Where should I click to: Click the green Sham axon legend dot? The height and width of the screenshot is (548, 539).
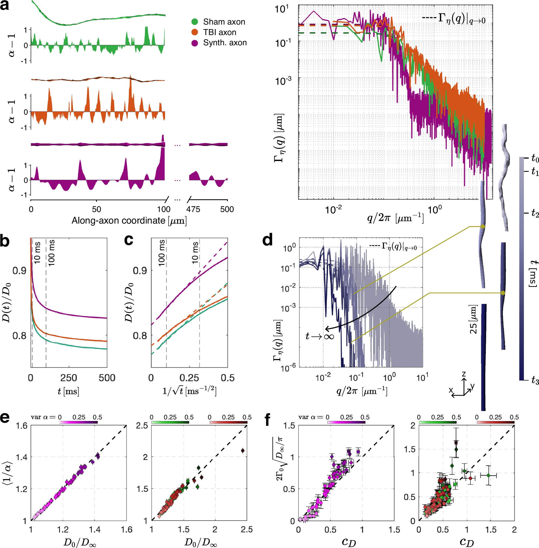pyautogui.click(x=195, y=22)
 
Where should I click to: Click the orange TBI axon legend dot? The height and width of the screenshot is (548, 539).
pyautogui.click(x=195, y=32)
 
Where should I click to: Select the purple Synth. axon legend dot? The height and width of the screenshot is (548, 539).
pyautogui.click(x=195, y=43)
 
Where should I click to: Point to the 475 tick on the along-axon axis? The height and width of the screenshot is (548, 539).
pyautogui.click(x=193, y=209)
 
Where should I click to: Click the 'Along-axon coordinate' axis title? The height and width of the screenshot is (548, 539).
pyautogui.click(x=129, y=220)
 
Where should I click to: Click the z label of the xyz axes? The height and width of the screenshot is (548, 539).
pyautogui.click(x=464, y=374)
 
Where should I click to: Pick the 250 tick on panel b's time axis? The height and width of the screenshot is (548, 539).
pyautogui.click(x=69, y=378)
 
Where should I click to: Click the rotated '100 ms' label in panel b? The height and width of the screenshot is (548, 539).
pyautogui.click(x=51, y=253)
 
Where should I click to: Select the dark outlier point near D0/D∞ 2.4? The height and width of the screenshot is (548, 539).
pyautogui.click(x=243, y=450)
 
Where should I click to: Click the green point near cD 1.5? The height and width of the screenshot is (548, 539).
pyautogui.click(x=488, y=475)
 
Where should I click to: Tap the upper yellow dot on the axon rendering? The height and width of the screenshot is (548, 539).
pyautogui.click(x=483, y=227)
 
